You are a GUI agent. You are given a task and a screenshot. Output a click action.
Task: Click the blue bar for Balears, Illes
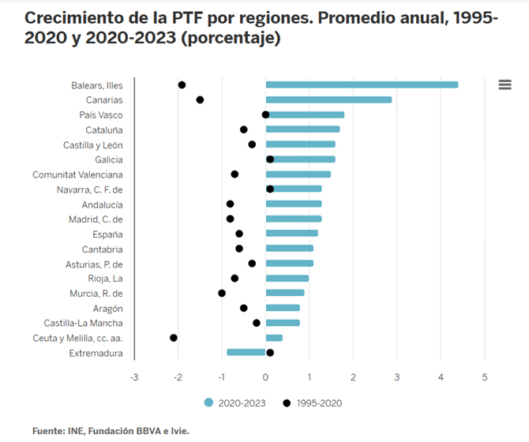coord(362,84)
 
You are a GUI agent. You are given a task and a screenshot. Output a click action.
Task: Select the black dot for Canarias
coord(200,99)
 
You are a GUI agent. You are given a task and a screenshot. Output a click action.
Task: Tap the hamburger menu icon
coord(505,84)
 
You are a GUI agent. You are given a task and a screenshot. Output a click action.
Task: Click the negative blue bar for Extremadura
coord(246,353)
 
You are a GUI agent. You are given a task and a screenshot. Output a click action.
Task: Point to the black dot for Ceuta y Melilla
coord(174,338)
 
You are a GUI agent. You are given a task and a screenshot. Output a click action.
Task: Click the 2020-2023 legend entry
coord(235,403)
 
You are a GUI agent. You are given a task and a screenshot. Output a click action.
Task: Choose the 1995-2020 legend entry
coord(314,403)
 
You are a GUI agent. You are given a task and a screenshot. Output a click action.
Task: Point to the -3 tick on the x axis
coord(134,377)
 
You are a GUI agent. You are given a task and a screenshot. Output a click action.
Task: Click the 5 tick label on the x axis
coord(485,377)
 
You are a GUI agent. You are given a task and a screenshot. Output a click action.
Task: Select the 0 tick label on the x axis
coord(266,377)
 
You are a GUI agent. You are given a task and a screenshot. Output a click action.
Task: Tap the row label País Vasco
coord(101,114)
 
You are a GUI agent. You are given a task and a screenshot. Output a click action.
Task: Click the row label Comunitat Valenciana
coord(77,174)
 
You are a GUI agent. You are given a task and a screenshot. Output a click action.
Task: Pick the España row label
coord(107,234)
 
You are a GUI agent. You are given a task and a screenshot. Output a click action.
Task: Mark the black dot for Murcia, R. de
coord(222,293)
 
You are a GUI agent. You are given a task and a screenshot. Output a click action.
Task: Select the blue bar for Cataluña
coord(303,129)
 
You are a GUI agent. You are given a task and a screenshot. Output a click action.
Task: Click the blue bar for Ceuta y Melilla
coord(274,338)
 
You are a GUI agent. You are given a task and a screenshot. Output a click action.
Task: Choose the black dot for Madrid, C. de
coord(230,219)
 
